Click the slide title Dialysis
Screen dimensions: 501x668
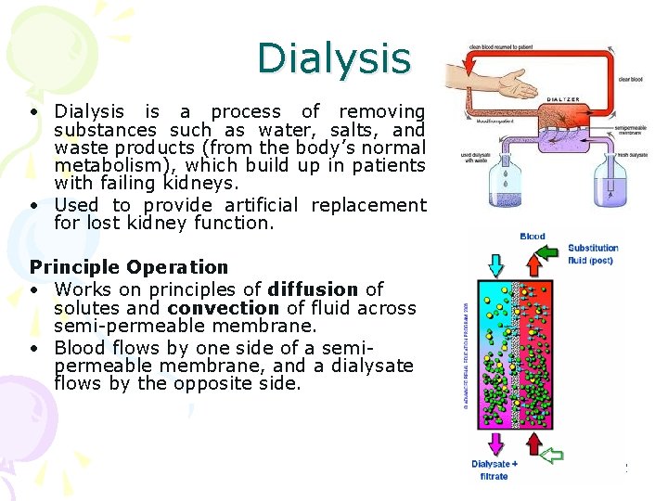tap(333, 58)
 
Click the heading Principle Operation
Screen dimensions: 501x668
tap(128, 267)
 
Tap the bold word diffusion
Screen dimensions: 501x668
tap(313, 289)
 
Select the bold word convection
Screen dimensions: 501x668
tap(223, 308)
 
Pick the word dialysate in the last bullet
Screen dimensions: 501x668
tap(367, 366)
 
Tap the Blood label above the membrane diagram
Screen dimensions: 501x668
tap(533, 237)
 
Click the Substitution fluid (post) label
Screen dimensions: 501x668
tap(593, 253)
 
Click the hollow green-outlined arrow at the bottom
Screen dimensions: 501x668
tap(552, 455)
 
